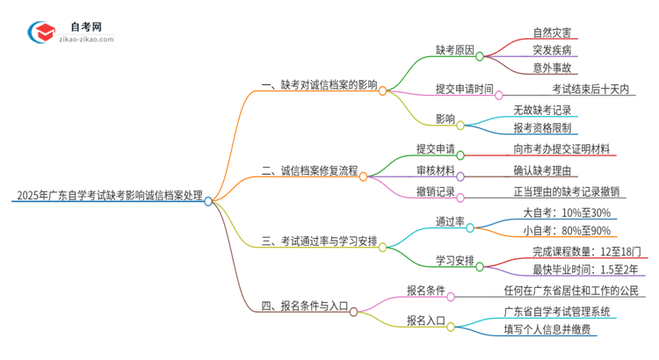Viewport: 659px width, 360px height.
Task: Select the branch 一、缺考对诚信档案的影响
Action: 319,85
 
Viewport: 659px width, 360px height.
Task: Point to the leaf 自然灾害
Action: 556,32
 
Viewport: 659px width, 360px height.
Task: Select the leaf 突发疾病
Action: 556,50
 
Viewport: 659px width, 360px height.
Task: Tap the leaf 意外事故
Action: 556,68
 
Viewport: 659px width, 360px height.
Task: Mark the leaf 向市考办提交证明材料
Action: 567,149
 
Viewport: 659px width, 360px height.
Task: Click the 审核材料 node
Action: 435,169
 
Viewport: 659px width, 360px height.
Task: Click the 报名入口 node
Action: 424,321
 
